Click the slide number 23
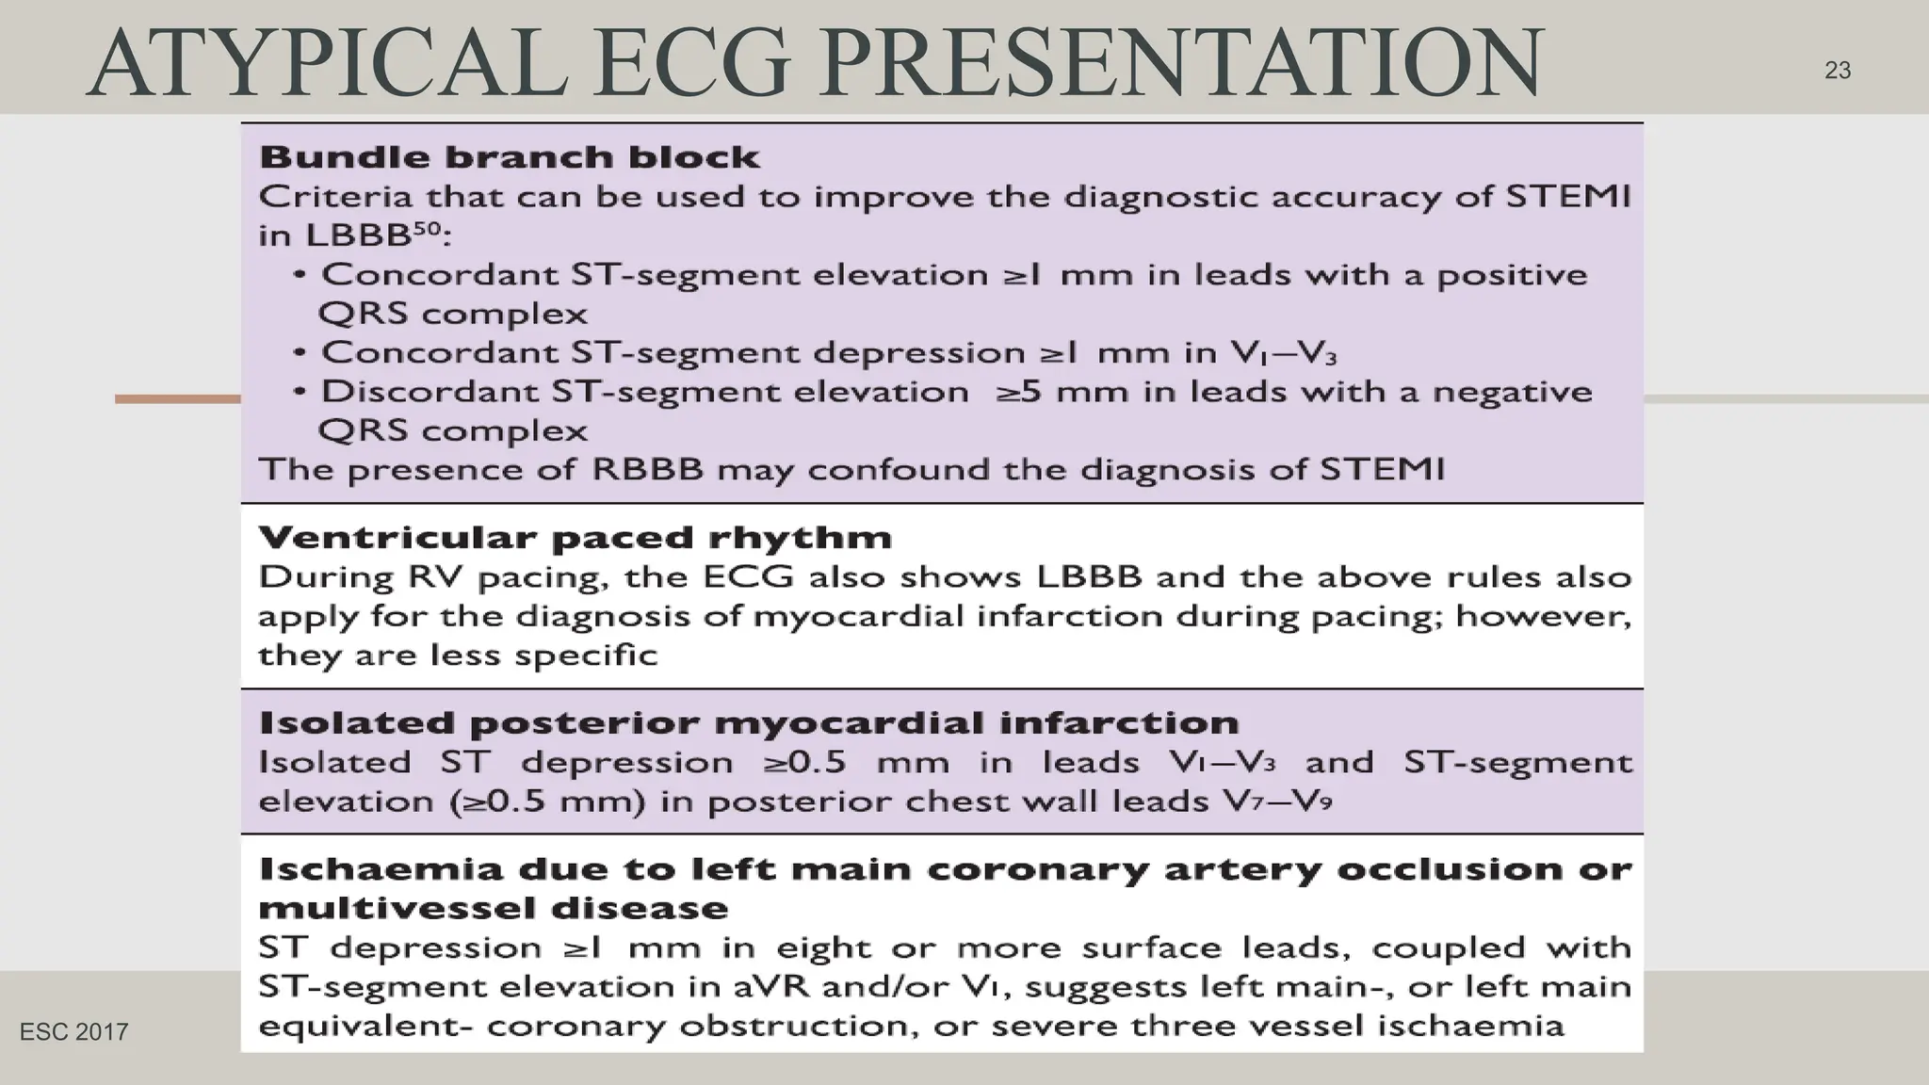(1837, 71)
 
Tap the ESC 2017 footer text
(73, 1032)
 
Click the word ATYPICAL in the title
(326, 64)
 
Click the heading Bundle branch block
(509, 156)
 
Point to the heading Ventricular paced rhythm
(575, 538)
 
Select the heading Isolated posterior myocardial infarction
(749, 723)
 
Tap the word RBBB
(647, 469)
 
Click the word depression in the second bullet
(918, 352)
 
